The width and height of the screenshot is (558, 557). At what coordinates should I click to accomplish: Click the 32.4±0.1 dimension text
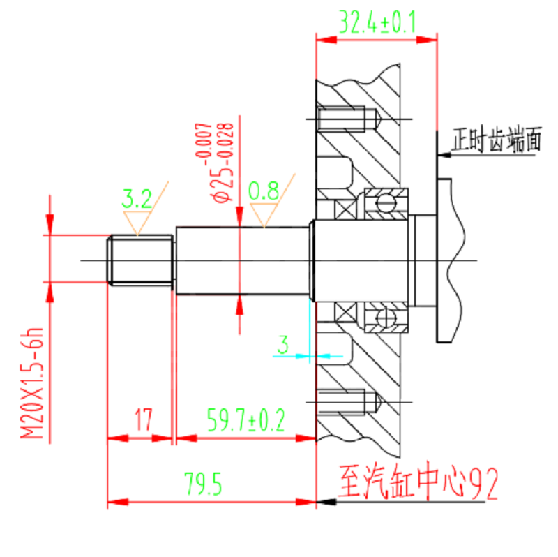pyautogui.click(x=377, y=22)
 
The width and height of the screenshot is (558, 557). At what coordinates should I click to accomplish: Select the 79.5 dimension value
pyautogui.click(x=203, y=484)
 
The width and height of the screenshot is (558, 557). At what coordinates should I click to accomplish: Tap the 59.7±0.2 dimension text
pyautogui.click(x=246, y=420)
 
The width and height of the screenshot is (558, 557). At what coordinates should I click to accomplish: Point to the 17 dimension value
pyautogui.click(x=144, y=420)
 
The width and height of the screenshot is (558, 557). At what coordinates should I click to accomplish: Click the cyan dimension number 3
pyautogui.click(x=283, y=344)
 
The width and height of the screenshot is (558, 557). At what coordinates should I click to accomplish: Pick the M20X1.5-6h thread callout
pyautogui.click(x=31, y=383)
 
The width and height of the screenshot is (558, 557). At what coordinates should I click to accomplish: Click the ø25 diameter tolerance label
pyautogui.click(x=215, y=163)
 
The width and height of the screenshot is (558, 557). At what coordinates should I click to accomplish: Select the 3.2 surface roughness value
pyautogui.click(x=137, y=199)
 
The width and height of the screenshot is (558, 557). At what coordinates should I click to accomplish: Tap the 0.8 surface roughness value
pyautogui.click(x=264, y=191)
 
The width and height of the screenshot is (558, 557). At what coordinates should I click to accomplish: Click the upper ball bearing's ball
pyautogui.click(x=386, y=204)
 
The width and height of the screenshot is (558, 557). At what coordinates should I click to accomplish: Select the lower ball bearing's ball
pyautogui.click(x=386, y=317)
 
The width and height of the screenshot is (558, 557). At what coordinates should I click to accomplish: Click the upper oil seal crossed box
pyautogui.click(x=345, y=209)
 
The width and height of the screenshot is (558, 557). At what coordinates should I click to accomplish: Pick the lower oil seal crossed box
pyautogui.click(x=345, y=312)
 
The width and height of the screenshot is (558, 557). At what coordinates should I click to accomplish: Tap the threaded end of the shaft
pyautogui.click(x=140, y=260)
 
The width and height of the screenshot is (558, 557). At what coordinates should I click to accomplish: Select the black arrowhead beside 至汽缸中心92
pyautogui.click(x=326, y=502)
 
